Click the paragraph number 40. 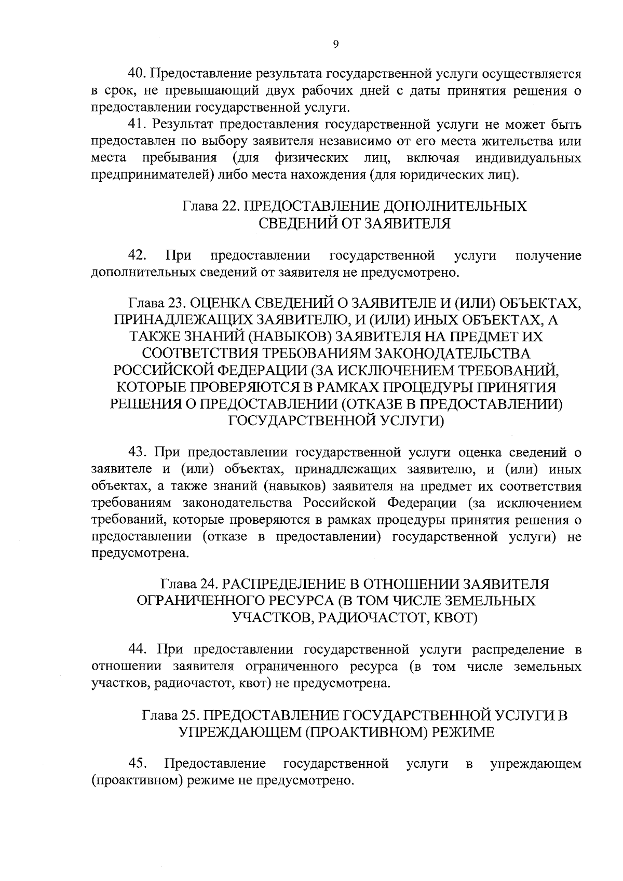[139, 74]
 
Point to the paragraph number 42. [137, 255]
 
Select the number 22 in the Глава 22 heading [229, 206]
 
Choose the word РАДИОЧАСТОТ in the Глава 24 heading [380, 618]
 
